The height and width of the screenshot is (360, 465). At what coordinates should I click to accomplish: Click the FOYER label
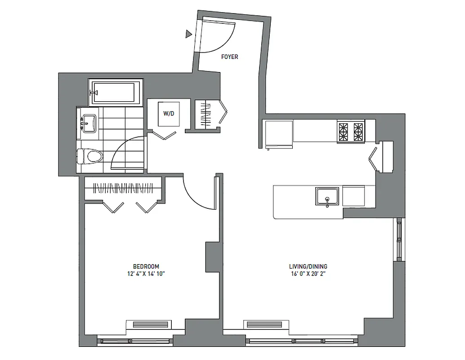pos(230,57)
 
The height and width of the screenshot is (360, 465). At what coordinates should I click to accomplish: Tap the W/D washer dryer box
pos(169,113)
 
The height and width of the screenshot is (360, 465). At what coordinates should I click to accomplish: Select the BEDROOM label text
pos(146,266)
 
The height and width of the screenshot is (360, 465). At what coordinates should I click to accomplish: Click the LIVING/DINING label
pos(308,266)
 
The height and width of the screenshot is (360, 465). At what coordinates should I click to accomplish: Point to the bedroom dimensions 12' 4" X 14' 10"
pos(146,274)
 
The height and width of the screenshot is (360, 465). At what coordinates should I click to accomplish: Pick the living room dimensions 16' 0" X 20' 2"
pos(308,274)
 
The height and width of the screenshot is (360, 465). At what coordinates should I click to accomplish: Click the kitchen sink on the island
pos(328,197)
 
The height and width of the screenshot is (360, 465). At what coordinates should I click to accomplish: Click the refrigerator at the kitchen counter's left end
pos(278,133)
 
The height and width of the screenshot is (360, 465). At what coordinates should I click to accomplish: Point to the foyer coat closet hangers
pos(206,114)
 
